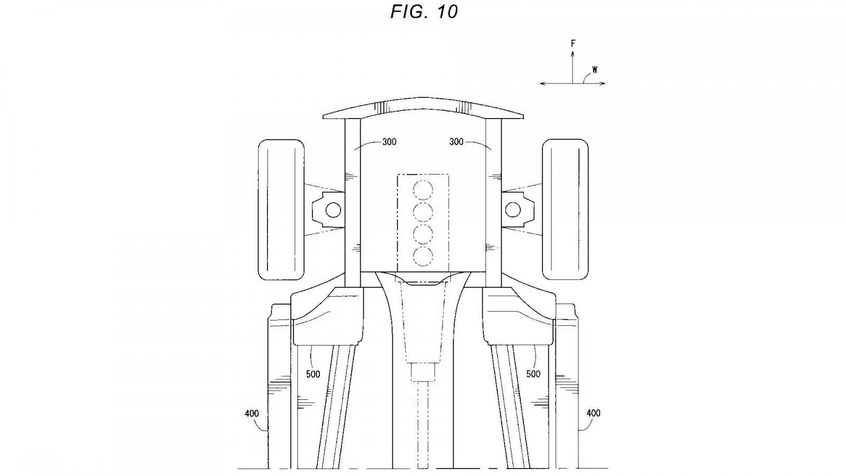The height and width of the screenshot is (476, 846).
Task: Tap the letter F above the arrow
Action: (x=573, y=43)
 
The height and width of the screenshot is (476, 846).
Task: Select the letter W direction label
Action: (x=595, y=69)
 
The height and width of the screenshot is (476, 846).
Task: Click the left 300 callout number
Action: (x=389, y=142)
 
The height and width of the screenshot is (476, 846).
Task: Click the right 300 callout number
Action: (x=456, y=142)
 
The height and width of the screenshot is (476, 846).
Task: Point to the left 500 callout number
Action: (x=312, y=374)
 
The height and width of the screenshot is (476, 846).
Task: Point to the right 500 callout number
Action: (x=534, y=374)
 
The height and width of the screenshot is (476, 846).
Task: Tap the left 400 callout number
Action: (x=252, y=414)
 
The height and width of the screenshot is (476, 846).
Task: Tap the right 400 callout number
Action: (x=593, y=414)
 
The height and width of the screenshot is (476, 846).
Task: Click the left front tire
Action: (x=281, y=209)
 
